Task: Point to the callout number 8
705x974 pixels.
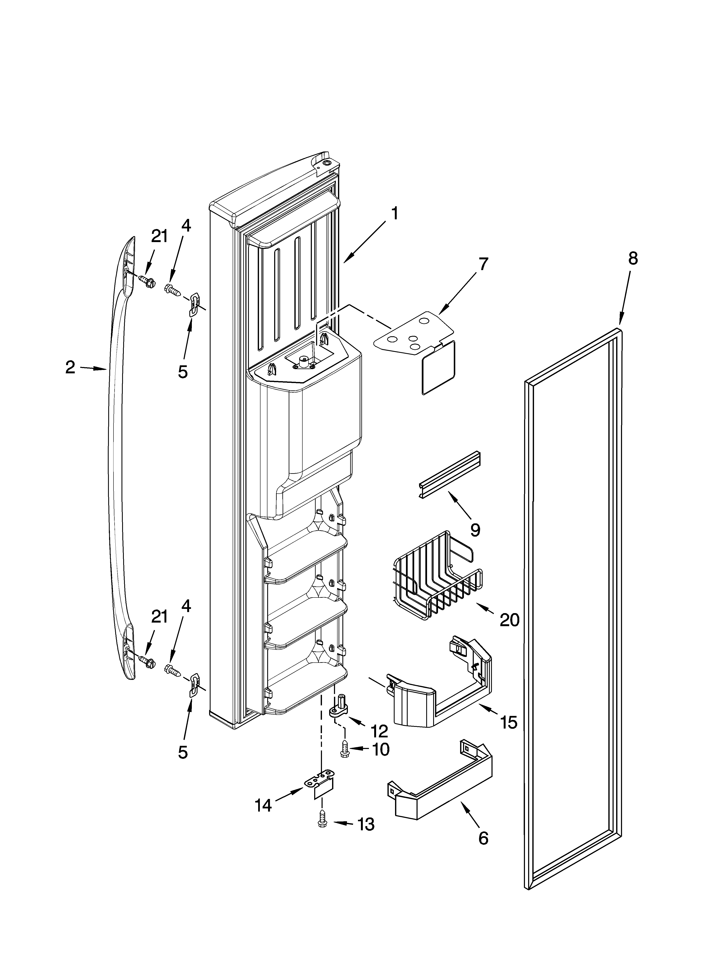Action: coord(633,258)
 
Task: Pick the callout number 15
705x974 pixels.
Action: coord(509,722)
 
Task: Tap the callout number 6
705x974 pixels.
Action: coord(483,837)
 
